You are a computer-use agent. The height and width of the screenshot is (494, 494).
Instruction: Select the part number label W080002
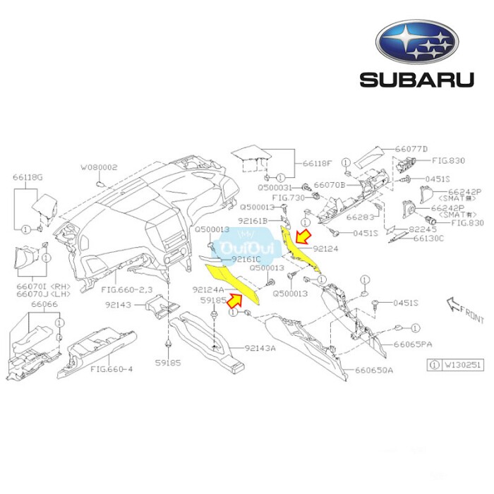click(98, 168)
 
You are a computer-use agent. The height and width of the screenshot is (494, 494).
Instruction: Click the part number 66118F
click(317, 164)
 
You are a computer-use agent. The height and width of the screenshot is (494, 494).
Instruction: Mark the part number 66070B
click(329, 185)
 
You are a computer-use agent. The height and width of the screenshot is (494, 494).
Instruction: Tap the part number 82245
click(444, 229)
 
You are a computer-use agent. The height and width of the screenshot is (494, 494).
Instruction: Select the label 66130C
click(447, 239)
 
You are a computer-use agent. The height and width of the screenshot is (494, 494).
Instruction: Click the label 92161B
click(253, 221)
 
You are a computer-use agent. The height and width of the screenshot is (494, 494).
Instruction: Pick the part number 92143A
click(260, 347)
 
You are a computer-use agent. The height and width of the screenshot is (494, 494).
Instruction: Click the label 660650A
click(373, 370)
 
